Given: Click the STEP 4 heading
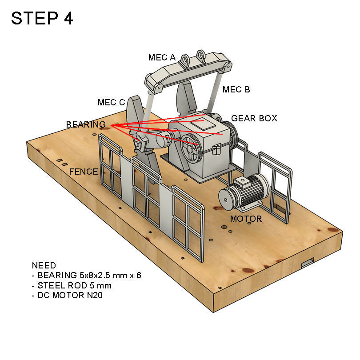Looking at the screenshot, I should [x=42, y=19].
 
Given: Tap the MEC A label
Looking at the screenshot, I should [x=162, y=57].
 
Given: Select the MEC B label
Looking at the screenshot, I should [x=236, y=89].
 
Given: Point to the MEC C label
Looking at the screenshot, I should [x=111, y=103].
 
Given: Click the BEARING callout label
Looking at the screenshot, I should [x=86, y=124].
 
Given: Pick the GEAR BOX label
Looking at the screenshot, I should [x=254, y=118].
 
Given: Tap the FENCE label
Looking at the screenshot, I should [x=83, y=172].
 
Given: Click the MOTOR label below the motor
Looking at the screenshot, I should [x=246, y=219].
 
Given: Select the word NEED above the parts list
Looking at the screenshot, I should [x=44, y=266].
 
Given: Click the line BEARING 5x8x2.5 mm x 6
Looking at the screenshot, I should [x=87, y=276].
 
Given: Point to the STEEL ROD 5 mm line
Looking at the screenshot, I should [x=72, y=285].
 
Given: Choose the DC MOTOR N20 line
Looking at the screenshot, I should [x=67, y=295].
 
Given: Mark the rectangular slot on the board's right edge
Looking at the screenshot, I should [x=308, y=263].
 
